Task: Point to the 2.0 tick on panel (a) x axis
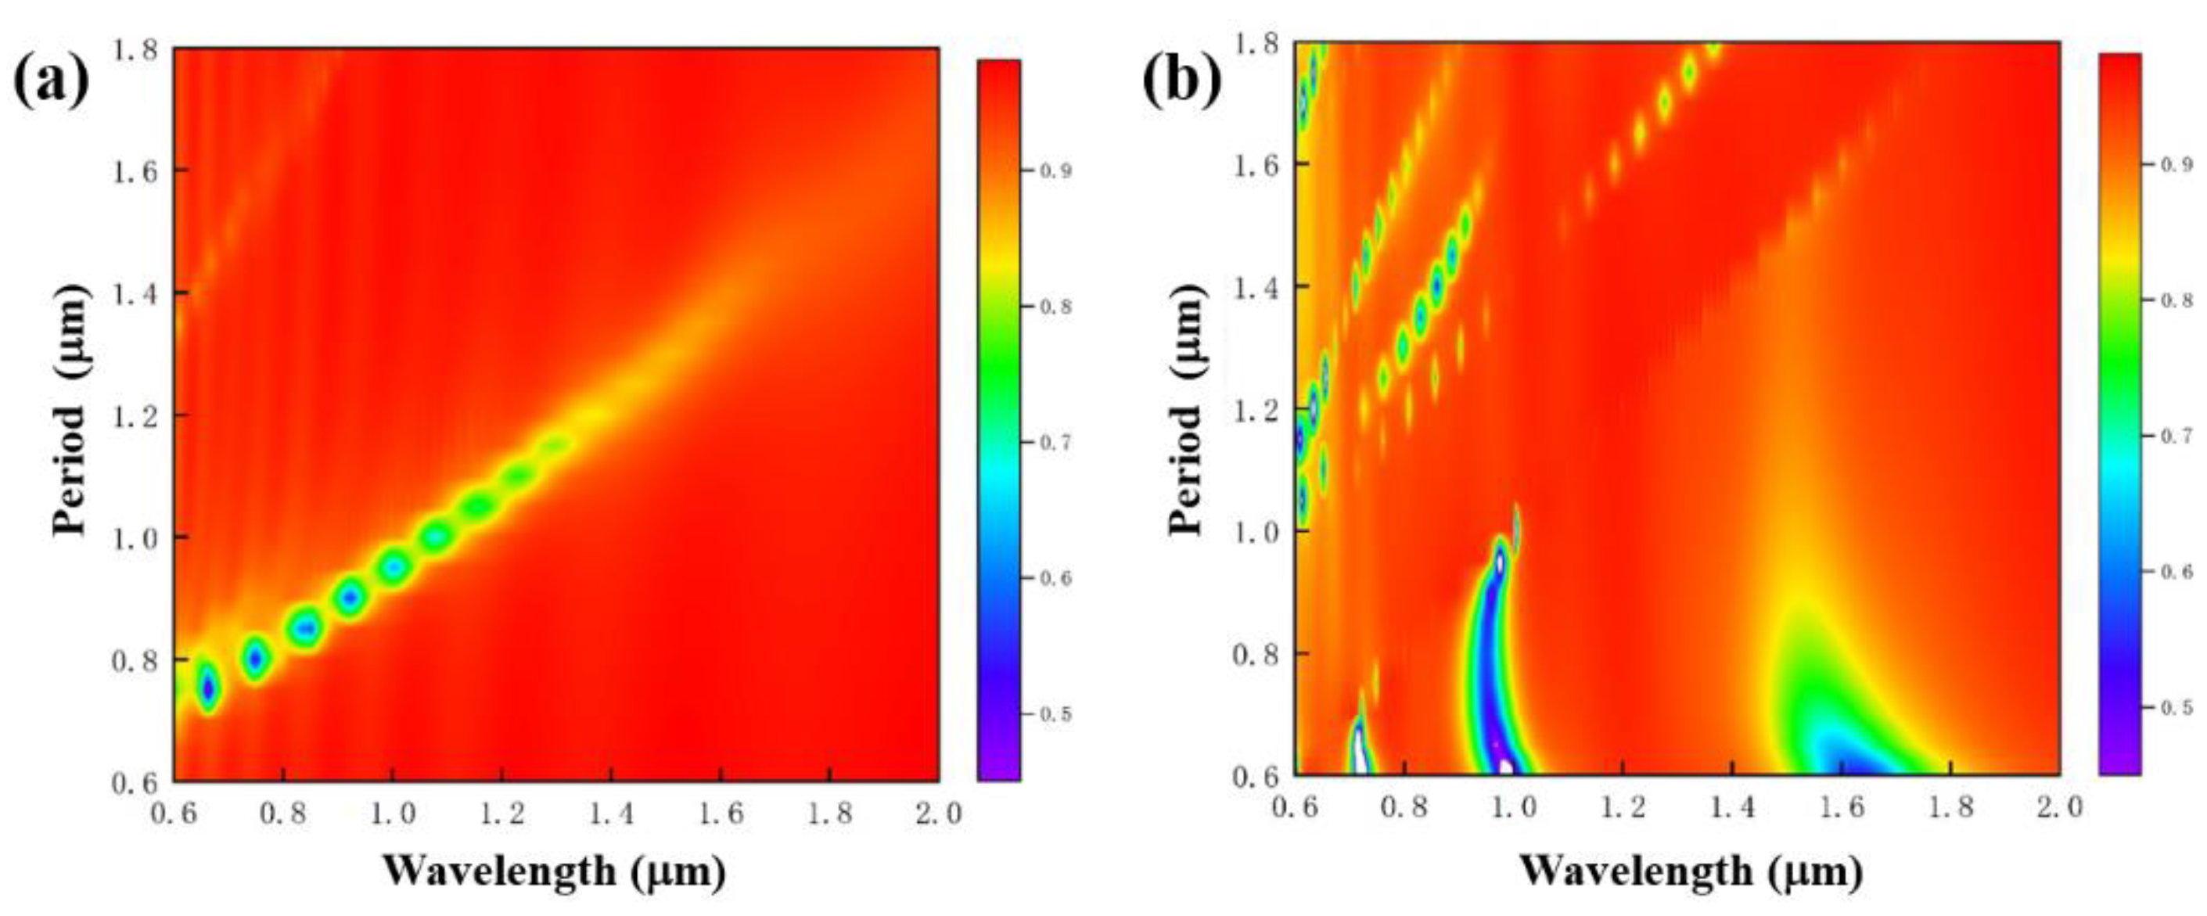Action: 938,812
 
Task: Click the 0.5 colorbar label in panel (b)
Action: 2177,708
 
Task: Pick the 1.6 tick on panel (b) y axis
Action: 1255,163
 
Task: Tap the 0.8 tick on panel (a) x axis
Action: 283,812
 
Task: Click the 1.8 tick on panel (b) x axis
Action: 1951,807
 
